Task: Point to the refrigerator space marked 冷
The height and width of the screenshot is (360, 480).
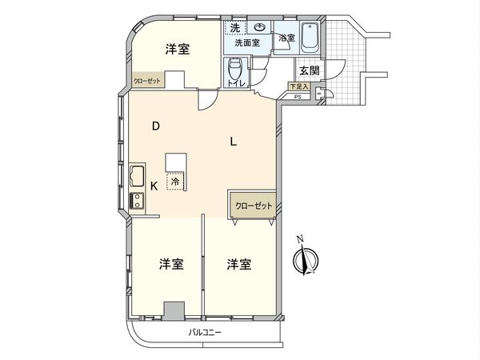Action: point(175,182)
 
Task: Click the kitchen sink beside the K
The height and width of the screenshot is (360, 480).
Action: point(136,175)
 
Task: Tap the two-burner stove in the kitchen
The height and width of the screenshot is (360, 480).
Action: point(135,202)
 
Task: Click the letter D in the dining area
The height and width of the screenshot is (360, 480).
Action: point(157,126)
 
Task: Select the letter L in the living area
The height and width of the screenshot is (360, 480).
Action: point(233,142)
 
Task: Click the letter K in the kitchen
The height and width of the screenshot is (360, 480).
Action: point(154,186)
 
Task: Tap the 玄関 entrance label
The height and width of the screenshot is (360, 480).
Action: point(310,70)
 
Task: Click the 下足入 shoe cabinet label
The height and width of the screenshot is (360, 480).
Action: point(298,86)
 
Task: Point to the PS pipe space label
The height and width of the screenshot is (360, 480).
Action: point(298,97)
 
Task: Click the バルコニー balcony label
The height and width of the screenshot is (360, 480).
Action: point(205,330)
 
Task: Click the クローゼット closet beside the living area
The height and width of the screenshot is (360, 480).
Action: point(254,206)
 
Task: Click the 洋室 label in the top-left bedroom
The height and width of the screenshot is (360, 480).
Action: point(177,50)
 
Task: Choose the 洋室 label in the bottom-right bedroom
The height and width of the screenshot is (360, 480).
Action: point(238,264)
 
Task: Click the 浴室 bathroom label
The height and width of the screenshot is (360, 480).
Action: point(286,38)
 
